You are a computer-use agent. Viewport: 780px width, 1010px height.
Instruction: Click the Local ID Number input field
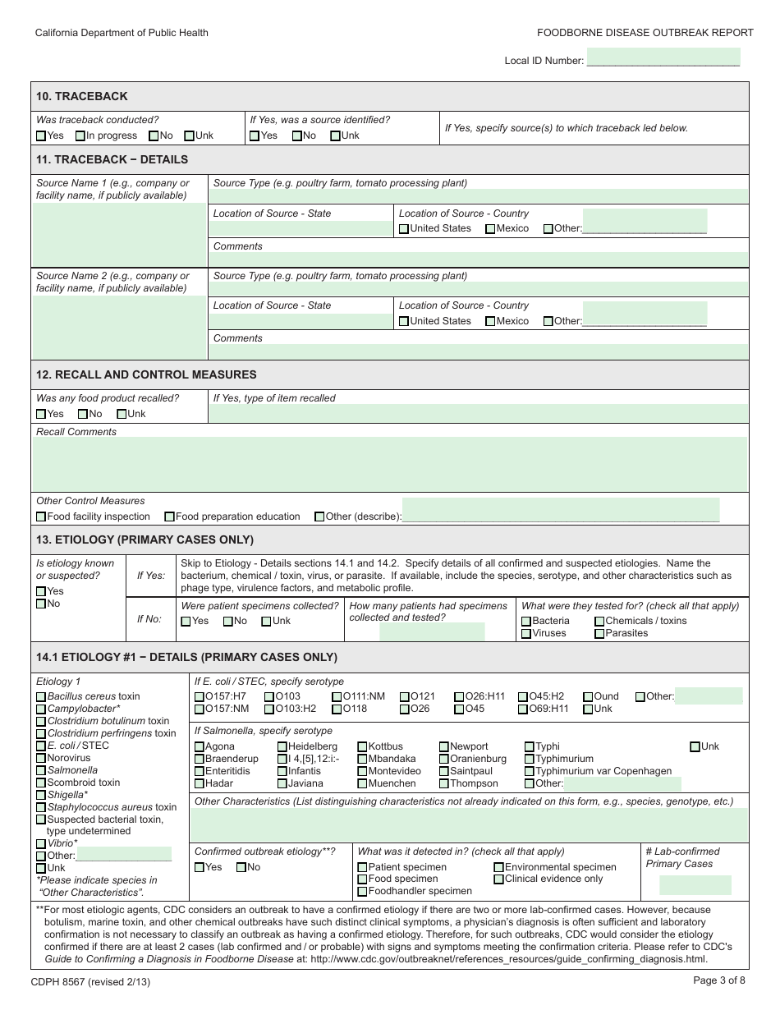click(663, 57)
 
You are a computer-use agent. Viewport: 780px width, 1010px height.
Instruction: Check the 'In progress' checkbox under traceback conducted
click(80, 136)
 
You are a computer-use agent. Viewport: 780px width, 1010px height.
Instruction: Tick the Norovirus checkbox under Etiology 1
click(41, 759)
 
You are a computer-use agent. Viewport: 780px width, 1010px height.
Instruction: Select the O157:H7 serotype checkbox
click(200, 697)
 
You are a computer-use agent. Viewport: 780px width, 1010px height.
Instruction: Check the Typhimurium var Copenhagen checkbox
click(530, 772)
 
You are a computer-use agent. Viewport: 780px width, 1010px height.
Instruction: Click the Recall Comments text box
click(390, 464)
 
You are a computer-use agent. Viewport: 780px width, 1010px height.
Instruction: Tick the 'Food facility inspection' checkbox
click(41, 517)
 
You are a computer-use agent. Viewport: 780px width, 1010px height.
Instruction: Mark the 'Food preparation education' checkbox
click(169, 517)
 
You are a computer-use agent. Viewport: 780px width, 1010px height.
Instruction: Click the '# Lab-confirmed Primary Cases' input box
click(695, 884)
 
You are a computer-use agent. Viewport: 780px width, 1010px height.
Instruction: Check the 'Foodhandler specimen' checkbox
click(363, 892)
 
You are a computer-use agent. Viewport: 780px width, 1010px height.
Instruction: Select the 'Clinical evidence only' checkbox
click(499, 879)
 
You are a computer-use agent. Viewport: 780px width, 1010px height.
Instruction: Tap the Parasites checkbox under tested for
click(599, 634)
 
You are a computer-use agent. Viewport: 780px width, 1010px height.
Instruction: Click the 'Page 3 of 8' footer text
click(719, 980)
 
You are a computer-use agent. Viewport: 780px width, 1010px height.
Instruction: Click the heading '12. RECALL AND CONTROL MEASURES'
click(146, 374)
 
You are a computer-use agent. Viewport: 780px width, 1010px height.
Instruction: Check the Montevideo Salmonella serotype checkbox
click(362, 772)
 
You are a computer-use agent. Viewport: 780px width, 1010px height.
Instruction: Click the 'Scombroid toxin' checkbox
click(41, 783)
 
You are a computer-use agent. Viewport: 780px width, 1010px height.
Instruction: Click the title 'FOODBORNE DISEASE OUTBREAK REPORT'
click(645, 33)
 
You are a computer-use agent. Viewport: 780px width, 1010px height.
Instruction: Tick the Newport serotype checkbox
click(444, 747)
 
